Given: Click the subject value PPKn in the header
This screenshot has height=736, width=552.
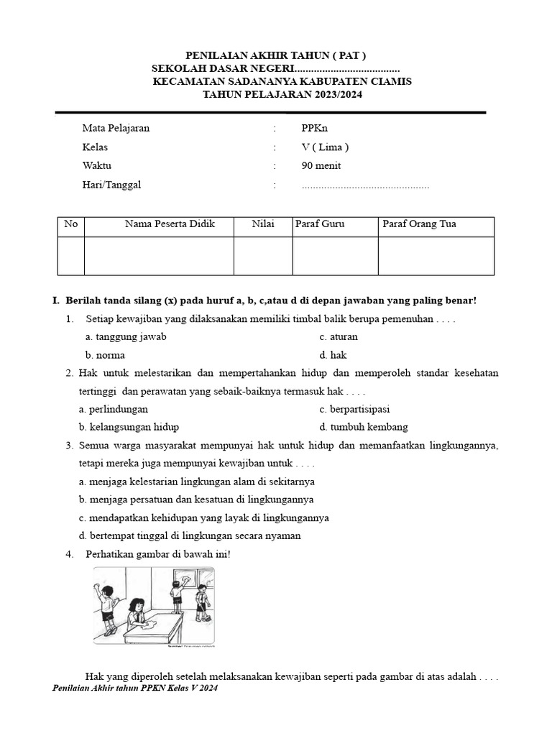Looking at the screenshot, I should coord(314,129).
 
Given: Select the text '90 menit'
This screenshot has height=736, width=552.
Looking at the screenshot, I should coord(321,166).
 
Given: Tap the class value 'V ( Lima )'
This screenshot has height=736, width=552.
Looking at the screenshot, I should coord(325,147).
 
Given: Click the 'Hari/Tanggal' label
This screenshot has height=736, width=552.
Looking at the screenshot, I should coord(111,185).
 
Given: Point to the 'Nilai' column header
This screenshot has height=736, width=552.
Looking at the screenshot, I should coord(262,224).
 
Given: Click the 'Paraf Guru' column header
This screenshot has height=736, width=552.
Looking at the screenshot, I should coord(320,224).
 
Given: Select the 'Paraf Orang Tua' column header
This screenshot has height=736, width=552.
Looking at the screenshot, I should coord(419,224).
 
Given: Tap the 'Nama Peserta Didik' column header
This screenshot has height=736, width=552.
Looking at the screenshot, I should coord(170,224).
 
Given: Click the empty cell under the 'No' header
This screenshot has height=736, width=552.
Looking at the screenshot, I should coord(70,256).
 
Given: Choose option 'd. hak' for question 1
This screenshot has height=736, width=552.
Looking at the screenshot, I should coord(333,355).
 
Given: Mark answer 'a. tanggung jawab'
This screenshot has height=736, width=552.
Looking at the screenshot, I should coord(126,336).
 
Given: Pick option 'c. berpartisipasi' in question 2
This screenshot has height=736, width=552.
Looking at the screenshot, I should coord(354,409).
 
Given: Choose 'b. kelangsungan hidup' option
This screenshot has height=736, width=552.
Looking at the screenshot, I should coord(129,427).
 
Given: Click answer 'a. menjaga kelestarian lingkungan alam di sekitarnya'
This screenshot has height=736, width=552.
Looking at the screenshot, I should coord(196,481).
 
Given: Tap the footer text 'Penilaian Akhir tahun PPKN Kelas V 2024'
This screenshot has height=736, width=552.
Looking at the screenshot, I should coord(135,688).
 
